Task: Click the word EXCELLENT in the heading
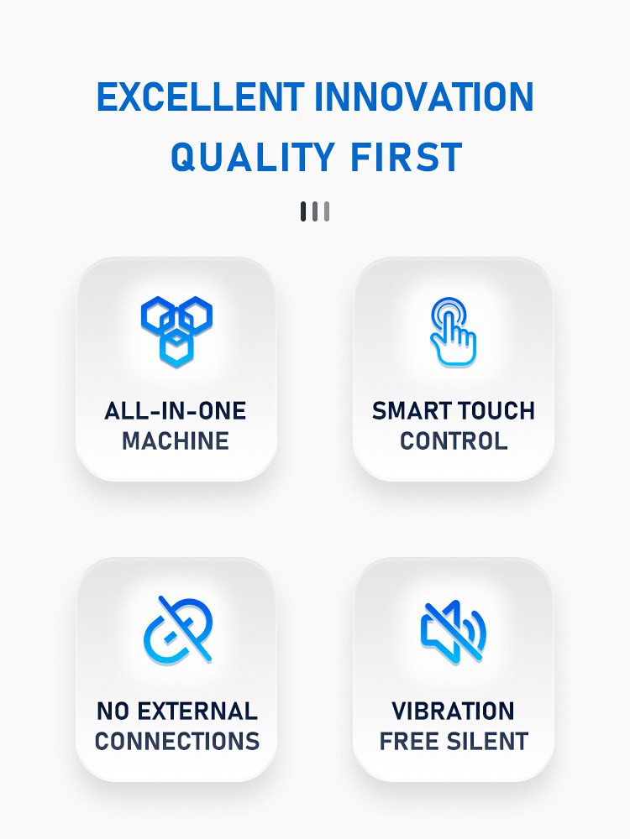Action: pyautogui.click(x=201, y=96)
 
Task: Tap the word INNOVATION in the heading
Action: pyautogui.click(x=423, y=96)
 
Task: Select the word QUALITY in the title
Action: pyautogui.click(x=253, y=157)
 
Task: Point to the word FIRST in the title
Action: pyautogui.click(x=406, y=157)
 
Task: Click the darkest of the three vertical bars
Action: pyautogui.click(x=303, y=211)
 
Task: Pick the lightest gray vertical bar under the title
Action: pyautogui.click(x=327, y=211)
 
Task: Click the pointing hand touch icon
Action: pyautogui.click(x=454, y=331)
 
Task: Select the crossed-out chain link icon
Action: pyautogui.click(x=178, y=630)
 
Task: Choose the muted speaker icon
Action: pyautogui.click(x=454, y=632)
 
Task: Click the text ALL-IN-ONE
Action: pyautogui.click(x=176, y=411)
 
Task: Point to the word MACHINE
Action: pyautogui.click(x=176, y=441)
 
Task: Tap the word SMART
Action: pyautogui.click(x=408, y=411)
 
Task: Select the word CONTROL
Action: pyautogui.click(x=454, y=441)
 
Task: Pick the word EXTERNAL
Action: pyautogui.click(x=197, y=711)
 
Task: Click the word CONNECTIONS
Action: pyautogui.click(x=177, y=741)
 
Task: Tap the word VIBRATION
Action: pyautogui.click(x=454, y=711)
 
